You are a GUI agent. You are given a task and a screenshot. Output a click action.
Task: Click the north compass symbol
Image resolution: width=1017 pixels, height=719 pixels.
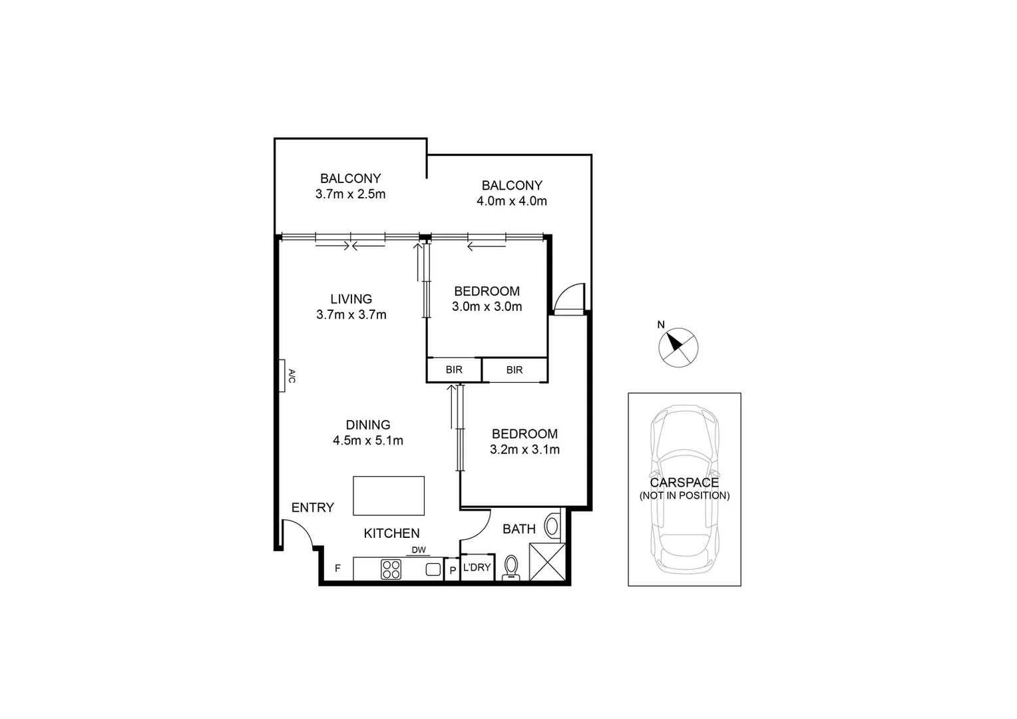pyautogui.click(x=678, y=347)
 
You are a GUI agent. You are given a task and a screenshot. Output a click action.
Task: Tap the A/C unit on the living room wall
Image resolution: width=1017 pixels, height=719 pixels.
pyautogui.click(x=284, y=376)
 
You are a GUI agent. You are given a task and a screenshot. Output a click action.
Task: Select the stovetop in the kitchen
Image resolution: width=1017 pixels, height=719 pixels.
pyautogui.click(x=391, y=569)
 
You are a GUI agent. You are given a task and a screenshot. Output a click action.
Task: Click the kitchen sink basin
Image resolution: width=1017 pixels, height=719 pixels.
pyautogui.click(x=433, y=569)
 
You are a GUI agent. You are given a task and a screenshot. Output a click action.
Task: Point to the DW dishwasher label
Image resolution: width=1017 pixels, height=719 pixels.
pyautogui.click(x=418, y=550)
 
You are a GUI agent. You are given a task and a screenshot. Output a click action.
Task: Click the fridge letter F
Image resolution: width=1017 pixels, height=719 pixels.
pyautogui.click(x=337, y=569)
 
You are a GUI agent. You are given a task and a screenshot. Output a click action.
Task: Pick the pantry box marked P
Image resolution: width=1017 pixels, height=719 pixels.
pyautogui.click(x=452, y=570)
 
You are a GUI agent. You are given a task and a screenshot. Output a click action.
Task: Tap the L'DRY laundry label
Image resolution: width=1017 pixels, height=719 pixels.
pyautogui.click(x=477, y=567)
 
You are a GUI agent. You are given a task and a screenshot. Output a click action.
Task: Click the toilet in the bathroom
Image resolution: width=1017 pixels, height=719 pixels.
pyautogui.click(x=511, y=568)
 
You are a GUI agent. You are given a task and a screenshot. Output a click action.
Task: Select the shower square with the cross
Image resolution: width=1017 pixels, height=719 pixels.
pyautogui.click(x=547, y=562)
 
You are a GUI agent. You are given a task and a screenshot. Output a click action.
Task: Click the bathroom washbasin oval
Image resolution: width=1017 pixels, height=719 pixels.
pyautogui.click(x=552, y=526)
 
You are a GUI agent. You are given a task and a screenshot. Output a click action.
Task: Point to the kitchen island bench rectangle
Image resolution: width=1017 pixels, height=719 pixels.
pyautogui.click(x=389, y=495)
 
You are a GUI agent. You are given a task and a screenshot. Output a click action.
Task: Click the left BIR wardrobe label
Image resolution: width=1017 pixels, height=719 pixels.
pyautogui.click(x=454, y=369)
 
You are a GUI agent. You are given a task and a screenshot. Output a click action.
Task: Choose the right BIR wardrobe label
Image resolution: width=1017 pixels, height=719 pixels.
pyautogui.click(x=514, y=369)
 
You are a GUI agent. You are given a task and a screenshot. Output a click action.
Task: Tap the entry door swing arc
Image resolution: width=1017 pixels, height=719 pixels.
pyautogui.click(x=298, y=533)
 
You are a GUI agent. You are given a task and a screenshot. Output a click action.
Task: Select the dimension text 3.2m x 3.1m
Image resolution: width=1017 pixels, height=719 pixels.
pyautogui.click(x=524, y=449)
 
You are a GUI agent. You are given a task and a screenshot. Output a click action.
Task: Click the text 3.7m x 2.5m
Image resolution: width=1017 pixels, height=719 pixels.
pyautogui.click(x=351, y=194)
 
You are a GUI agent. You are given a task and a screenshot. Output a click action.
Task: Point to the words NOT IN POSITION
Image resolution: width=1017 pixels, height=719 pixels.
pyautogui.click(x=684, y=496)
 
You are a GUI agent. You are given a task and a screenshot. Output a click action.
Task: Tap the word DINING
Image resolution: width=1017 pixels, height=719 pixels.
pyautogui.click(x=368, y=425)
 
